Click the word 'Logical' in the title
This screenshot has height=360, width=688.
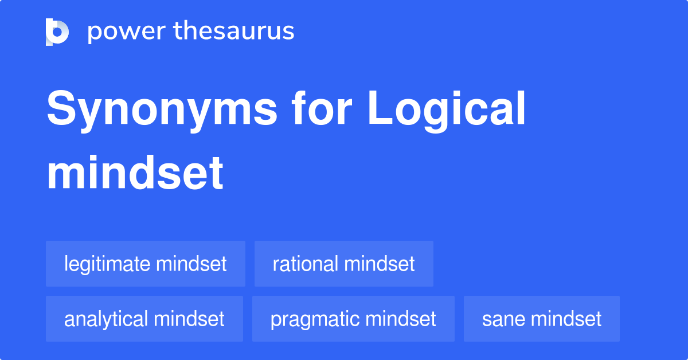pos(447,110)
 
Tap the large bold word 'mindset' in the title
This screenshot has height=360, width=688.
pos(135,173)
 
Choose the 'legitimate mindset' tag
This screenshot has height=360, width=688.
pos(146,264)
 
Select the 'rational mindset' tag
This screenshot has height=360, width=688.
pos(344,264)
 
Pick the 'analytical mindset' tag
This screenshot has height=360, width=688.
pos(144,319)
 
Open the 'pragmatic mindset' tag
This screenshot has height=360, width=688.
pos(353,319)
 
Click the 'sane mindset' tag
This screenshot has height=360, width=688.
pos(542,319)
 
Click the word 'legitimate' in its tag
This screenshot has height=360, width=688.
pos(107,264)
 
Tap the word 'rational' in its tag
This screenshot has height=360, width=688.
pos(306,264)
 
